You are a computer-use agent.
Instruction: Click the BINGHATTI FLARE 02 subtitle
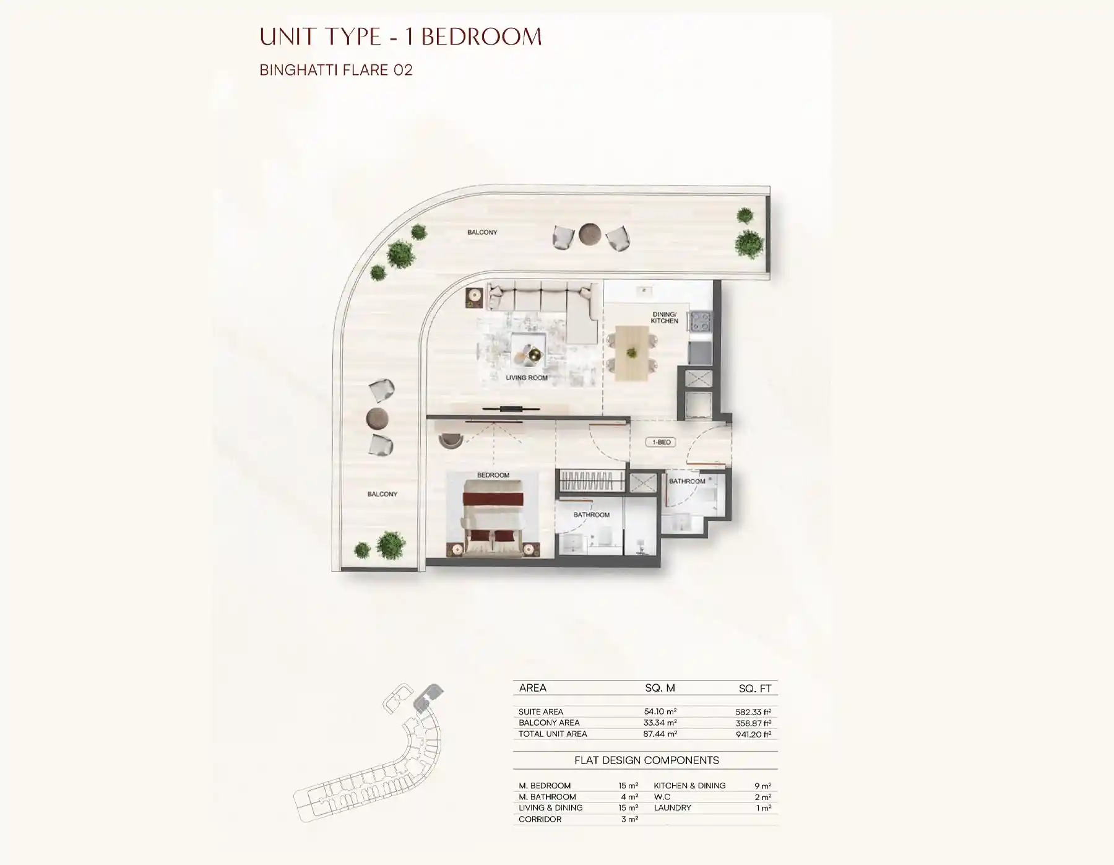tap(335, 70)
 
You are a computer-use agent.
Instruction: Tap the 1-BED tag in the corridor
tap(660, 442)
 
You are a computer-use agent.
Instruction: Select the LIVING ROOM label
tap(526, 377)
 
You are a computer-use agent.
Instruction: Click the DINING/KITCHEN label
tap(664, 318)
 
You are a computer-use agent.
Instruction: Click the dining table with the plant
tap(631, 353)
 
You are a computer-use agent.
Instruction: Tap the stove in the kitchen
tap(701, 321)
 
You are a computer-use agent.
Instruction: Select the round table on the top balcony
tap(590, 234)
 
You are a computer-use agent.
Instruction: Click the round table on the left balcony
tap(377, 418)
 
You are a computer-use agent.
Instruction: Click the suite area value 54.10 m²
tap(660, 711)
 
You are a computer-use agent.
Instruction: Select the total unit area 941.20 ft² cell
tap(753, 734)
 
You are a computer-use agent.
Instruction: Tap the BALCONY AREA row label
tap(549, 723)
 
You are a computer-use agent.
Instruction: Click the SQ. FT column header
tap(754, 689)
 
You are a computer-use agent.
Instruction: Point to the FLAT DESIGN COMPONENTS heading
tap(646, 760)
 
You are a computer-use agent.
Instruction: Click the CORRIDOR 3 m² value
tap(629, 819)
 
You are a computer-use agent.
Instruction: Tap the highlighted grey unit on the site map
tap(426, 697)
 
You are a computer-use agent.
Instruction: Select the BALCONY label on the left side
tap(382, 494)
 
